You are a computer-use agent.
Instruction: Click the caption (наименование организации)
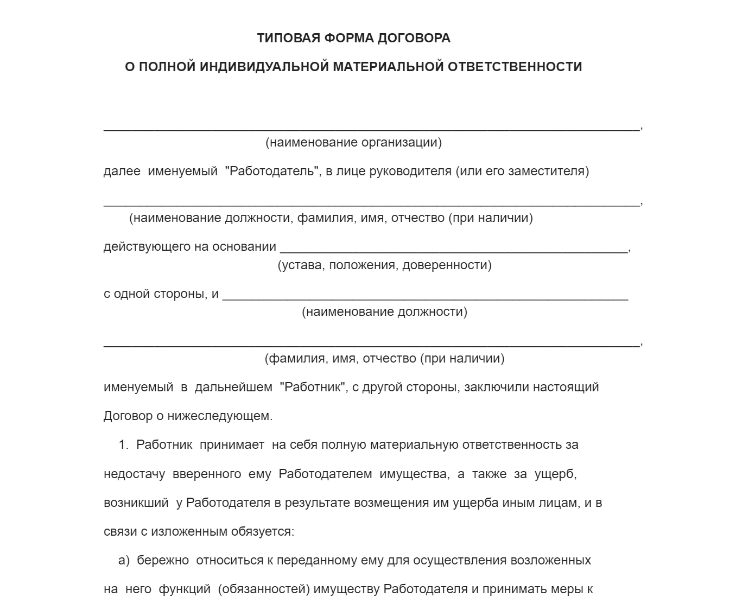353,143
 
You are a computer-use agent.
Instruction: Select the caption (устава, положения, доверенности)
384,265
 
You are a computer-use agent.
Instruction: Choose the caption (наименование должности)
384,312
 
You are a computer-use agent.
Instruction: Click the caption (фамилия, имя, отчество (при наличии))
384,359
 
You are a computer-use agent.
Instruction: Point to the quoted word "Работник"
313,388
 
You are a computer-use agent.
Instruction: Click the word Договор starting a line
128,416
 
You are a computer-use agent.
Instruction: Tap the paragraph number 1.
124,445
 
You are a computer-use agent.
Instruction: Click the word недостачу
134,474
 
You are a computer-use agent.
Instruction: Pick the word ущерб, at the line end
555,474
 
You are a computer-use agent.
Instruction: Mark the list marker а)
124,561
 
